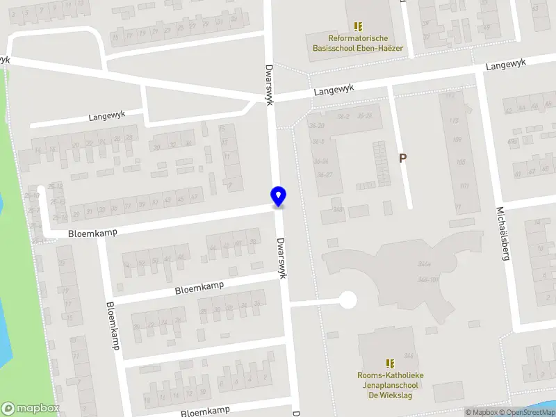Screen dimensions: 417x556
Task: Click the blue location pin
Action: [278, 197]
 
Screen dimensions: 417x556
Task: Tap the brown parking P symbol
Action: [402, 158]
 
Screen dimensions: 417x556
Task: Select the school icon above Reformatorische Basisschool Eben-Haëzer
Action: [359, 26]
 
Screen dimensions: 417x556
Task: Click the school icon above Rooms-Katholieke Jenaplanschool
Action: [390, 363]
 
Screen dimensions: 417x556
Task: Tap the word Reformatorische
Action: [359, 38]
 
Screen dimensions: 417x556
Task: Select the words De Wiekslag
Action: [390, 395]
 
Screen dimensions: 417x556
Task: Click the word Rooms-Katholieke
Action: [390, 375]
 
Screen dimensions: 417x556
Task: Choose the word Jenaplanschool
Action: [390, 385]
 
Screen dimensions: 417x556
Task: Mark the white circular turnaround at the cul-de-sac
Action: [347, 300]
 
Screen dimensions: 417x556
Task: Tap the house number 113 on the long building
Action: [455, 121]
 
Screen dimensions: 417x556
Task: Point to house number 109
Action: [457, 140]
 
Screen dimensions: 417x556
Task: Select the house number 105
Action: [461, 163]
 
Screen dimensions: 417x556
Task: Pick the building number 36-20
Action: [317, 125]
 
